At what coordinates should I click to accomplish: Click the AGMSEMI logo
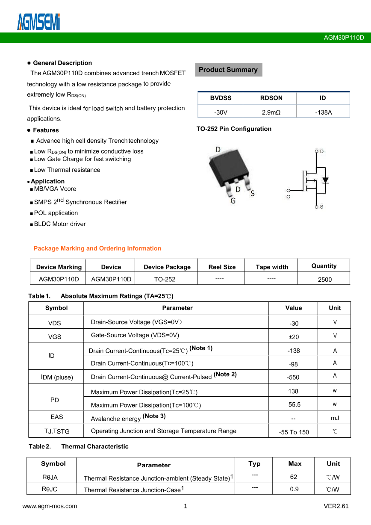tap(38, 22)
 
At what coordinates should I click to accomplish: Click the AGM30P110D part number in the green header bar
tap(344, 38)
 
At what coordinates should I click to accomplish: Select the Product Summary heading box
tap(228, 70)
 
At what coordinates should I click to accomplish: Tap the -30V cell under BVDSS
tap(221, 112)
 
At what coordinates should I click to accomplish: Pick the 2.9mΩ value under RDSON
tap(271, 112)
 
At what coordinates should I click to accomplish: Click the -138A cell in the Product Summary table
tap(323, 112)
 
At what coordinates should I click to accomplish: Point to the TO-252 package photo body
tap(227, 167)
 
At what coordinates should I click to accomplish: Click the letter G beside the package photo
tap(233, 201)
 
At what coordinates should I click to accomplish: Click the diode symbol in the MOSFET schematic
tap(325, 180)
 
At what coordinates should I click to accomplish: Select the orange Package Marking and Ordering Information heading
tap(97, 248)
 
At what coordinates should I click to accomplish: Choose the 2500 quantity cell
tap(324, 280)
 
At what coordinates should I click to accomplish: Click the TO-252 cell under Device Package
tap(165, 280)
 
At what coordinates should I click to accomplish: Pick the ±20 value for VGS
tap(294, 337)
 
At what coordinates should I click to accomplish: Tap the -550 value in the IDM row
tap(293, 378)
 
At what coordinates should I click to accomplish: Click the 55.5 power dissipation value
tap(294, 404)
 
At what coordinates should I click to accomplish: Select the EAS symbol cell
tap(56, 417)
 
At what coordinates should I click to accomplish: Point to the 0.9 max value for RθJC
tap(294, 489)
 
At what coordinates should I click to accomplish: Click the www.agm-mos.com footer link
tap(50, 506)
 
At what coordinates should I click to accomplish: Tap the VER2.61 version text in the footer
tap(336, 506)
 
